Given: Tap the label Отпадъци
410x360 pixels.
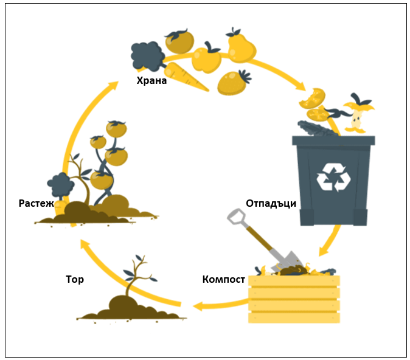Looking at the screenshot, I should tap(271, 203).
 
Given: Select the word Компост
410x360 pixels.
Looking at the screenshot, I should tap(223, 280).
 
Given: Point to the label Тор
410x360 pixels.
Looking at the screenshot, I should tap(75, 280).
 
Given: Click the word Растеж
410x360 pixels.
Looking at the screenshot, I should tap(36, 203).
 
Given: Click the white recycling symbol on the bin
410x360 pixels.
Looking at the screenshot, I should tap(333, 176).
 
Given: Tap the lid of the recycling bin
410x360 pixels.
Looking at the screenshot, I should tap(333, 140).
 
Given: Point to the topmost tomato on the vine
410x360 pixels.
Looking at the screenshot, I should tap(116, 128).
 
